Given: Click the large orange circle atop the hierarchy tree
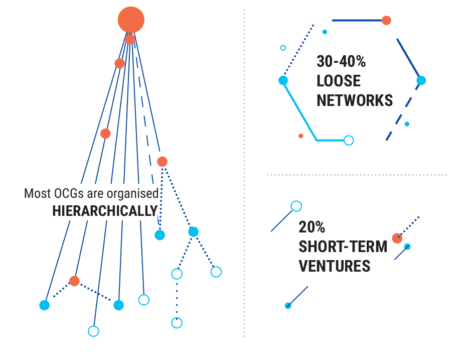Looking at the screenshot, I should pyautogui.click(x=131, y=20).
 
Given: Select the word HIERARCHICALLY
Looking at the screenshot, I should pyautogui.click(x=105, y=211).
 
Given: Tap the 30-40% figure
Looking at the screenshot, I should pyautogui.click(x=341, y=62).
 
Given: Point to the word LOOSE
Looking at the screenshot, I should pyautogui.click(x=339, y=81).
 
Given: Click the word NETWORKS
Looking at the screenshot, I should pyautogui.click(x=355, y=100).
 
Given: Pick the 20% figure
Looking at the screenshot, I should pyautogui.click(x=312, y=227).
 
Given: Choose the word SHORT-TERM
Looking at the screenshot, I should pyautogui.click(x=343, y=247).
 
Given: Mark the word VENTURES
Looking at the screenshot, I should pyautogui.click(x=335, y=266).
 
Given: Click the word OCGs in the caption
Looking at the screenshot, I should pyautogui.click(x=64, y=193).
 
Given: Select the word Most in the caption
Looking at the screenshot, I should pyautogui.click(x=35, y=193).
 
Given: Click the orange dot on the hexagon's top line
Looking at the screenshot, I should pyautogui.click(x=386, y=20).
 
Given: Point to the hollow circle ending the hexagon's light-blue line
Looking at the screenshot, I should pyautogui.click(x=349, y=141).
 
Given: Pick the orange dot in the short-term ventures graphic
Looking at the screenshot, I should pyautogui.click(x=397, y=238).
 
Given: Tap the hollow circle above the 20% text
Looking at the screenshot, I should pyautogui.click(x=296, y=206).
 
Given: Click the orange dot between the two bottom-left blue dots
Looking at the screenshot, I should pyautogui.click(x=74, y=281).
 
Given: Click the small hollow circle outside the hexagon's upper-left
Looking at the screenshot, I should pyautogui.click(x=283, y=48).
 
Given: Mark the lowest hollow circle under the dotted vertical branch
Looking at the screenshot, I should pyautogui.click(x=177, y=323).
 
